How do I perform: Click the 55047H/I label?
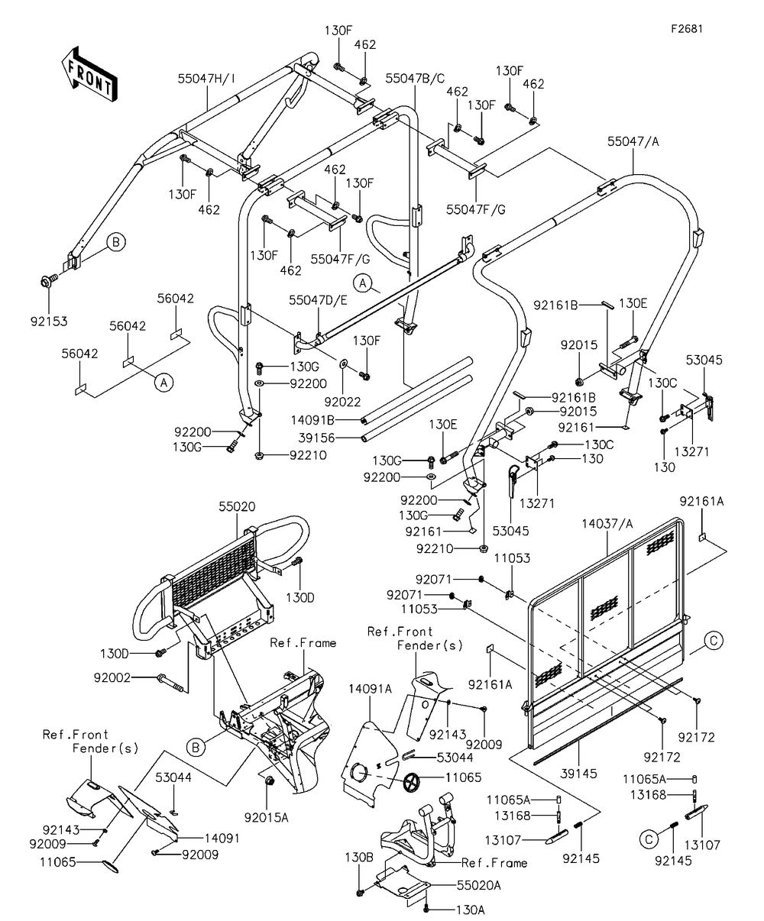point(207,78)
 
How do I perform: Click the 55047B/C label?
point(415,78)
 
